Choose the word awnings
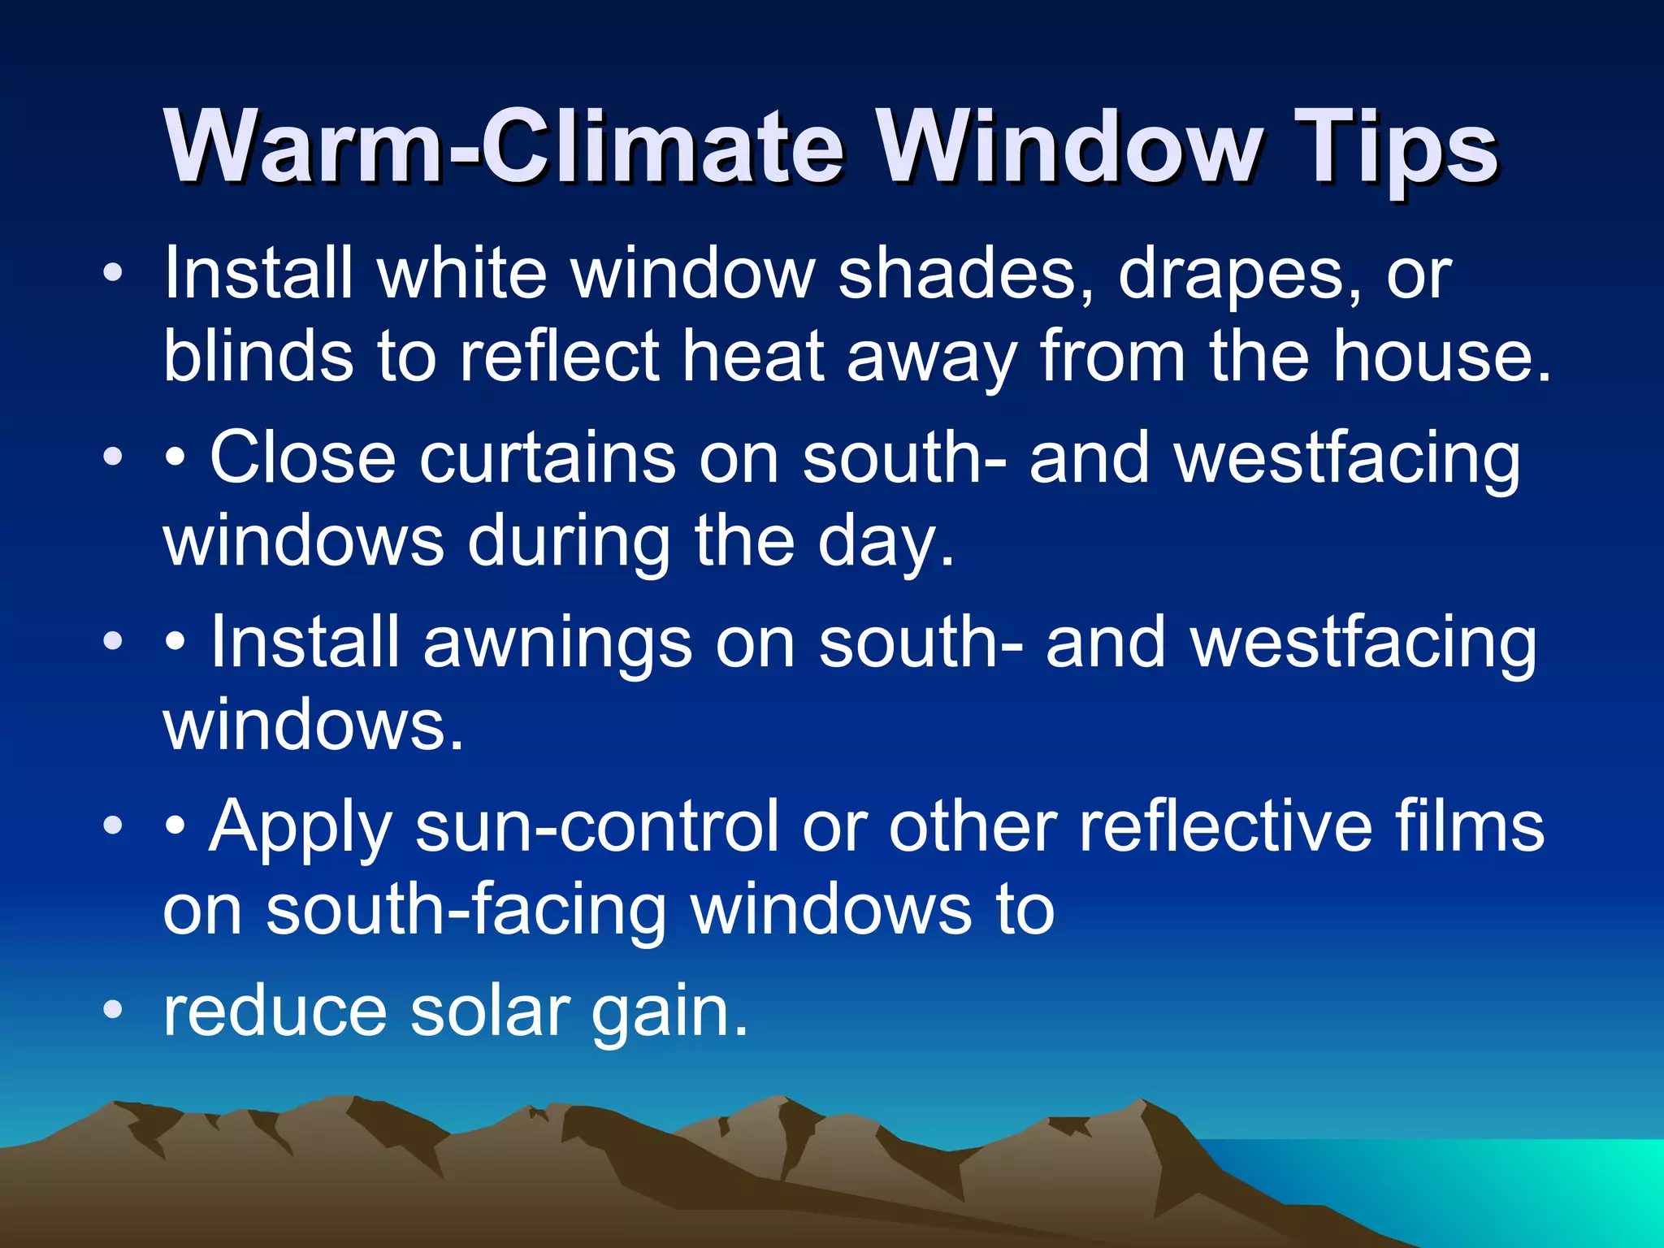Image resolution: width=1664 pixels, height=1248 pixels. tap(557, 643)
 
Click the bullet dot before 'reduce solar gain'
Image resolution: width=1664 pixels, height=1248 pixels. tap(113, 1010)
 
